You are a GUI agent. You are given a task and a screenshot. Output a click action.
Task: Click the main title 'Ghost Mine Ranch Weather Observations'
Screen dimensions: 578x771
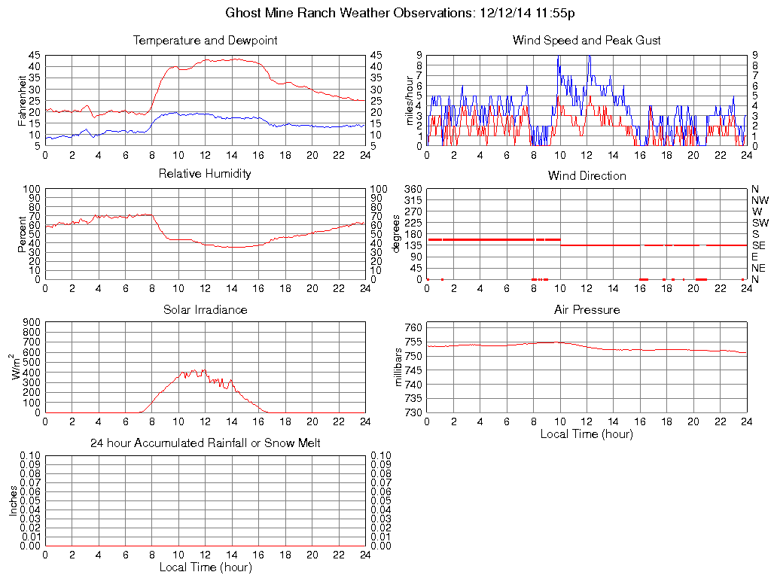tap(350, 13)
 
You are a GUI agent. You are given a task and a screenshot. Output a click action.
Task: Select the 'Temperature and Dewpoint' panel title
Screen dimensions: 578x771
tap(205, 41)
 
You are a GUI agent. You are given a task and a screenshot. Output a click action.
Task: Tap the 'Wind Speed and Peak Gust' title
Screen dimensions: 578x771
tap(587, 41)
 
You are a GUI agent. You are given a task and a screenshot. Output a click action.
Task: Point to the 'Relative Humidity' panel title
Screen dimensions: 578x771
tap(205, 174)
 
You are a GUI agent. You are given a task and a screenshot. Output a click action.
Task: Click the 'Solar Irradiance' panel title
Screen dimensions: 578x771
tap(205, 310)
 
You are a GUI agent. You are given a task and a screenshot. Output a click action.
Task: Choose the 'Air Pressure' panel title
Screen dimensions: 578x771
tap(587, 310)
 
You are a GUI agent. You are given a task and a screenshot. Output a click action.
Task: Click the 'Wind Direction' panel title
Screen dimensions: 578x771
tap(587, 176)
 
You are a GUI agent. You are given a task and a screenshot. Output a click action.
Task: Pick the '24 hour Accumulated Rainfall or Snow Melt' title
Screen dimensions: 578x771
tap(205, 443)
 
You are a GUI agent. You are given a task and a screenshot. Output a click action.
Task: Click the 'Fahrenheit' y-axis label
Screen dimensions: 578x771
tap(22, 100)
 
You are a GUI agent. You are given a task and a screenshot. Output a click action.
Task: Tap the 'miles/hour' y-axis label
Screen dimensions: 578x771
tap(410, 100)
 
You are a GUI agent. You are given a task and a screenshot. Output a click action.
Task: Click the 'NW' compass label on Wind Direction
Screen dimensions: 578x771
tap(759, 200)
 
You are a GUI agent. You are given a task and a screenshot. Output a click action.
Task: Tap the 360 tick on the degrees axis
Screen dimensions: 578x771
tap(414, 189)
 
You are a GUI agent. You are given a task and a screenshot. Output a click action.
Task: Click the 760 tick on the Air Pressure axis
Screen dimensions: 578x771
tap(414, 327)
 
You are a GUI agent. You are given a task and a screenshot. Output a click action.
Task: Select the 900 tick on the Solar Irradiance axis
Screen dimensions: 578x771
tap(32, 322)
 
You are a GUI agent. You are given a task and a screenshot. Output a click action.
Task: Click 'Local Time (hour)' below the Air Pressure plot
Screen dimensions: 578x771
tap(587, 434)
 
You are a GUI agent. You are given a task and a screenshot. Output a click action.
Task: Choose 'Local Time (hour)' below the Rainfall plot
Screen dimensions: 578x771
tap(205, 567)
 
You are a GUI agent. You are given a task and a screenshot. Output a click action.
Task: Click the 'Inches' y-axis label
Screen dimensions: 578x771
tap(14, 500)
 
